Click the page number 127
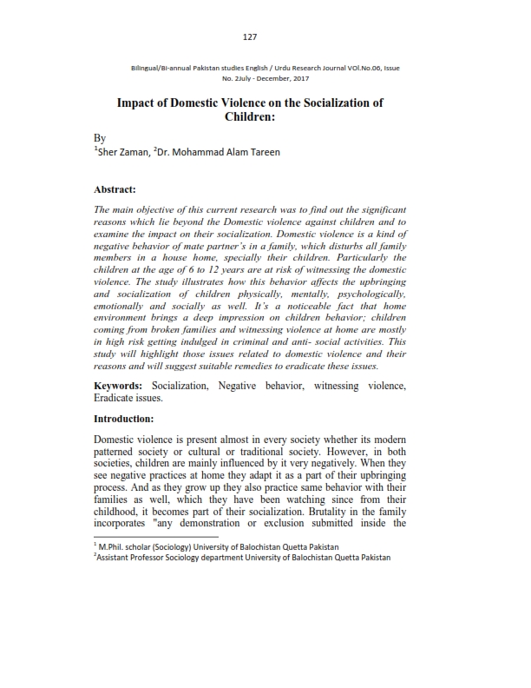(x=251, y=36)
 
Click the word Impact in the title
(x=138, y=103)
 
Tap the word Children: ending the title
(x=250, y=116)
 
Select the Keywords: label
(x=120, y=384)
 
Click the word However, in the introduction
(x=337, y=451)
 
